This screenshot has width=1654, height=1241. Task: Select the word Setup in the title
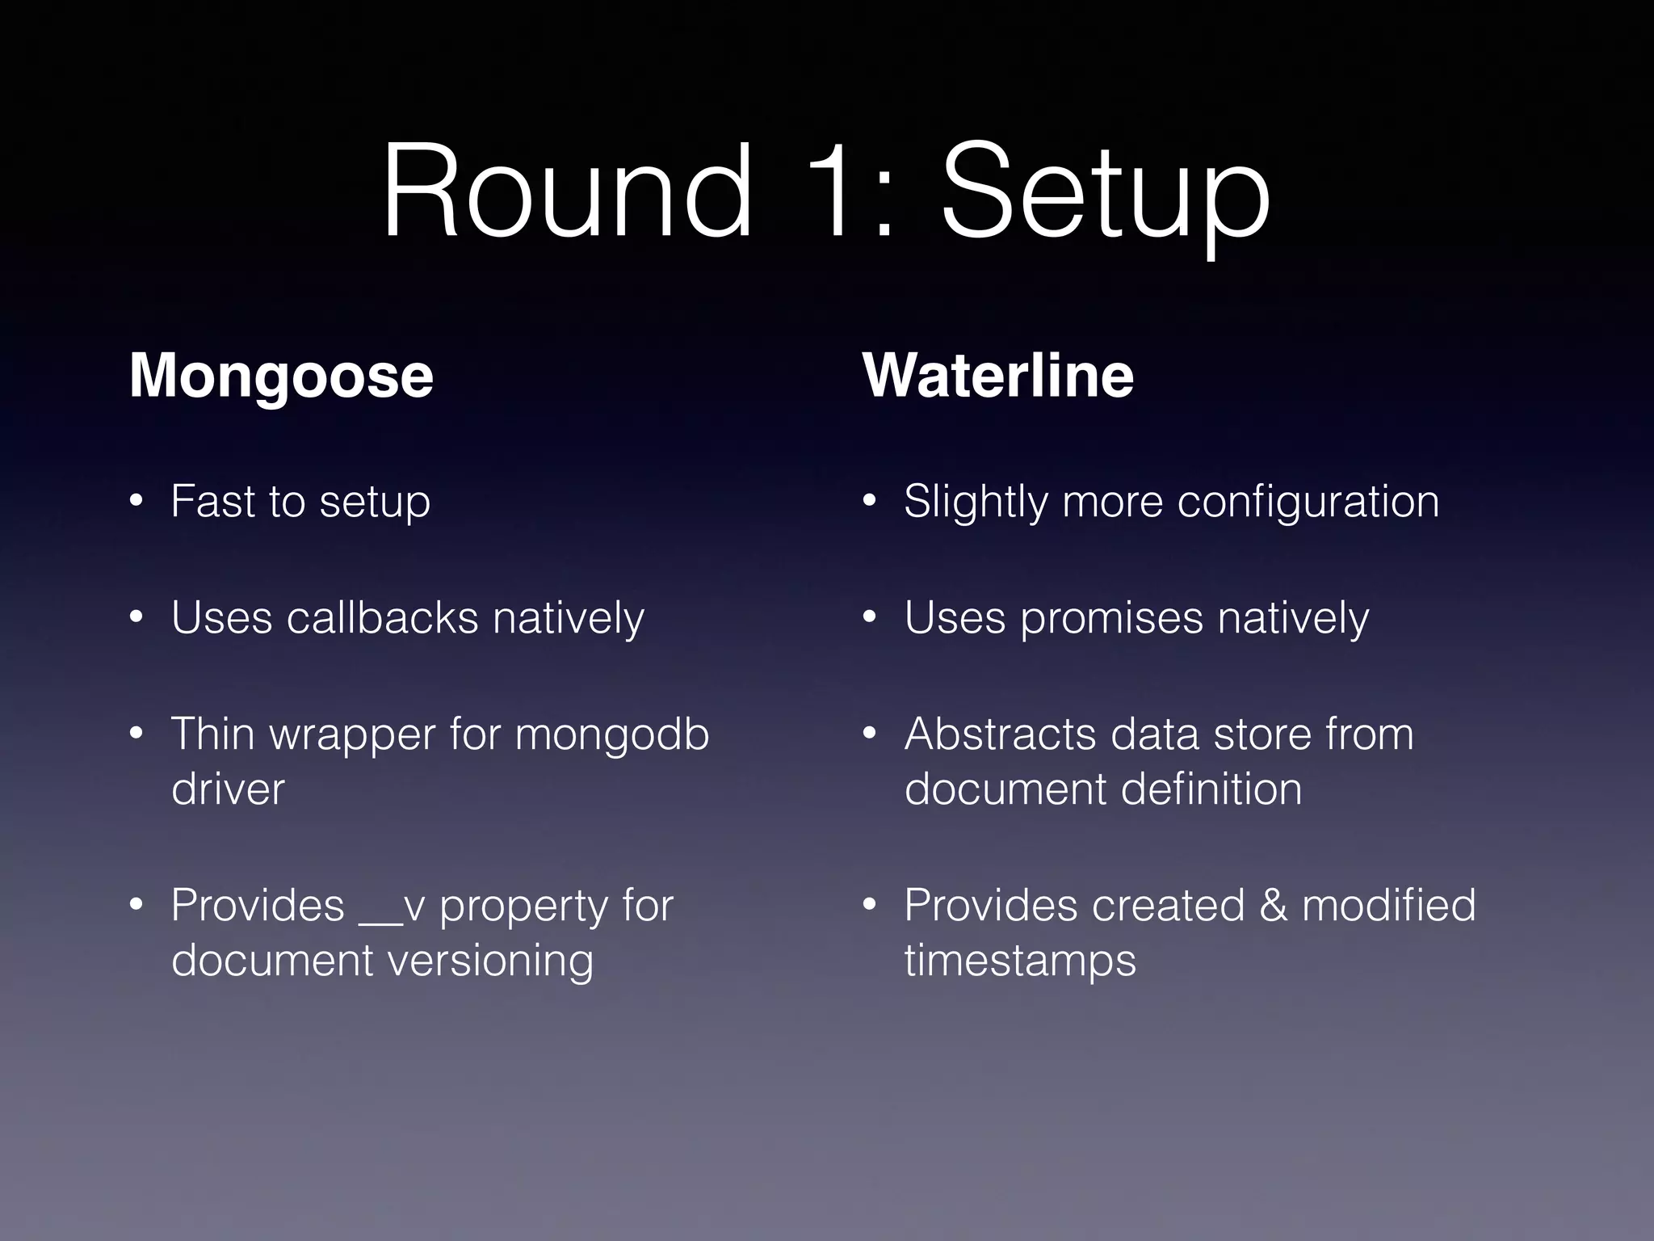(1106, 198)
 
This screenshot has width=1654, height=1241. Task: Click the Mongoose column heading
(281, 377)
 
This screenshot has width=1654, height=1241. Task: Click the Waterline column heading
(998, 375)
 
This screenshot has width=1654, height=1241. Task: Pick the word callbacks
(383, 618)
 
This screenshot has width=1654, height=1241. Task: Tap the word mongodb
(611, 735)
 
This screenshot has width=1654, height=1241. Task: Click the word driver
(228, 789)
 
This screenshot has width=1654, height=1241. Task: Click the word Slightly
(976, 503)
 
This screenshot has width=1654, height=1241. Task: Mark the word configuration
(1308, 503)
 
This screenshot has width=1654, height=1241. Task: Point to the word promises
(1111, 620)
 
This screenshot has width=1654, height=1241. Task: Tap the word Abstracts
(1001, 734)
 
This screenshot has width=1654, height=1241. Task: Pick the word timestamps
(1020, 961)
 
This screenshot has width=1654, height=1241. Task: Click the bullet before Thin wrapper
(136, 734)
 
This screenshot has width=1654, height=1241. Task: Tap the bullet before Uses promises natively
(869, 618)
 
